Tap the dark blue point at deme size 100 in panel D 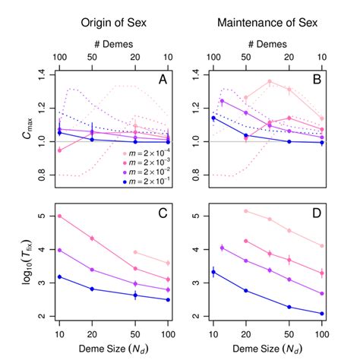[323, 313]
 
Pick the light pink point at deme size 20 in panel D [245, 211]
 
